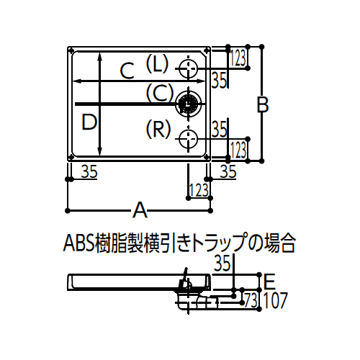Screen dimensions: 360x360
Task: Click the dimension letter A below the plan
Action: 140,210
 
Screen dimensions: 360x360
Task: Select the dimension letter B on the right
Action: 263,104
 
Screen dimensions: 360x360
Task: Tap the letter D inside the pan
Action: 89,122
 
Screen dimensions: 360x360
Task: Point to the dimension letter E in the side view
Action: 269,282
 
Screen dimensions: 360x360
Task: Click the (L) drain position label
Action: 158,63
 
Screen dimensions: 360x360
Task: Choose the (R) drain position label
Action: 158,129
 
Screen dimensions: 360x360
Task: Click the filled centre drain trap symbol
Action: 189,104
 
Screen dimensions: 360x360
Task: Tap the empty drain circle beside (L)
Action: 189,68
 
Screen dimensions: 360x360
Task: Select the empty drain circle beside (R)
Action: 189,139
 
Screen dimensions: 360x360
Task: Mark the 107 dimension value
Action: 275,300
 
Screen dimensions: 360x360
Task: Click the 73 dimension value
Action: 251,300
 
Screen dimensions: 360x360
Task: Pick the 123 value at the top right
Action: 238,58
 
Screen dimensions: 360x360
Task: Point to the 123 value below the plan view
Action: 199,190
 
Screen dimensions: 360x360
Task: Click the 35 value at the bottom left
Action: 89,171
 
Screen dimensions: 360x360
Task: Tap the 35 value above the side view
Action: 222,264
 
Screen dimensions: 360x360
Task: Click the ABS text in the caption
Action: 78,244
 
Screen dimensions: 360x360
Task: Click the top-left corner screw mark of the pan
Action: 71,50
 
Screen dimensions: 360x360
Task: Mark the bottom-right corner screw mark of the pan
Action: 207,157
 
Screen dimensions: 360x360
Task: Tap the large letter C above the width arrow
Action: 127,71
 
